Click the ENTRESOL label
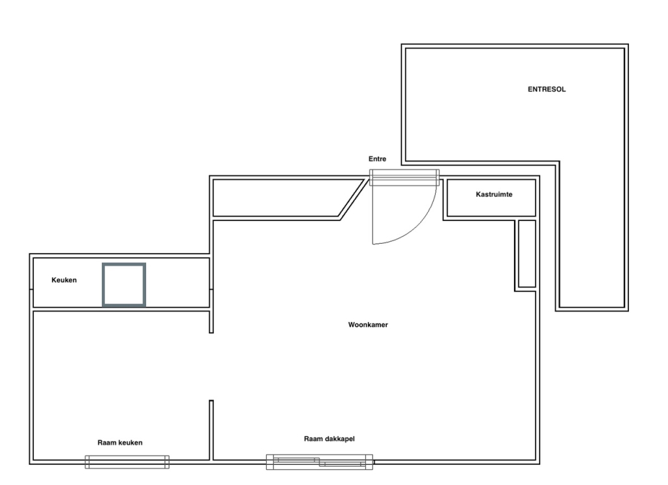click(x=547, y=89)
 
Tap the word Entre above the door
click(x=378, y=159)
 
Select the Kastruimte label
click(x=494, y=194)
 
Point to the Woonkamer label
click(x=368, y=325)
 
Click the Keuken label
click(x=64, y=280)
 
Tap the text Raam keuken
click(x=120, y=443)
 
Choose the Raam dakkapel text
click(x=329, y=439)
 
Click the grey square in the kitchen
click(x=124, y=265)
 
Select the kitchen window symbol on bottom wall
click(x=127, y=462)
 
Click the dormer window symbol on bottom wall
click(x=320, y=462)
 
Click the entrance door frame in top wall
click(x=404, y=177)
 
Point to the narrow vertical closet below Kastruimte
click(x=527, y=254)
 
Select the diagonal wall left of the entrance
click(x=353, y=199)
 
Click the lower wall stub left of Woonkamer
click(x=211, y=430)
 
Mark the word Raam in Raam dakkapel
click(x=312, y=439)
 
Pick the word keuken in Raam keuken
click(x=130, y=443)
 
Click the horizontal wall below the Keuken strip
click(x=121, y=309)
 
